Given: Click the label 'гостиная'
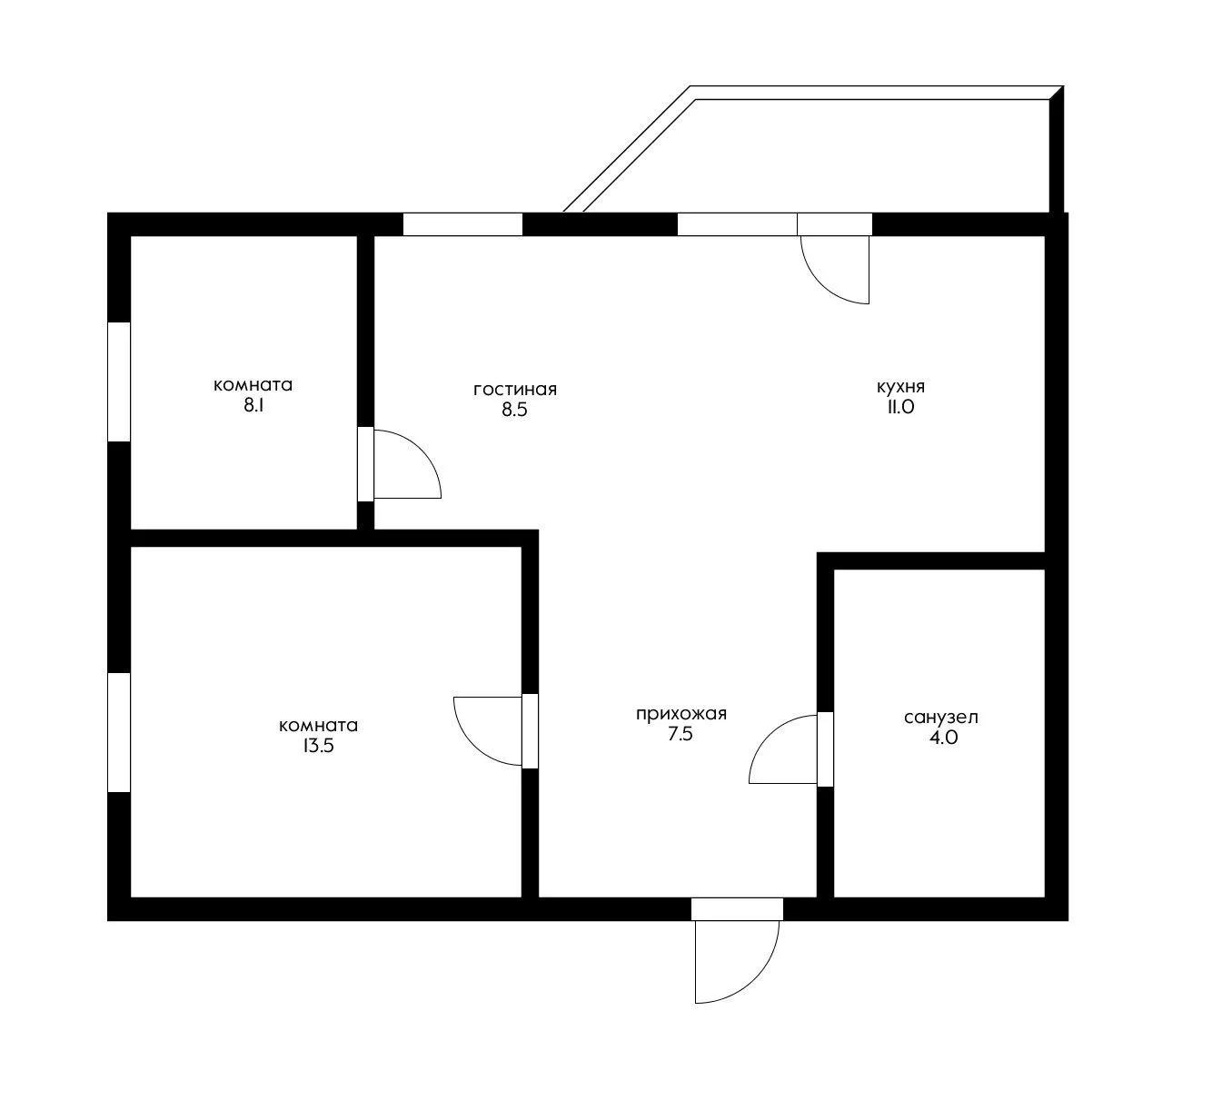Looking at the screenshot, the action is (515, 390).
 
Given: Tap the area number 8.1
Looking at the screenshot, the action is (253, 405).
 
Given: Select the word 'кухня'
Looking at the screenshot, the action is (900, 387).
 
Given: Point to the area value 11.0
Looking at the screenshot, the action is (900, 407).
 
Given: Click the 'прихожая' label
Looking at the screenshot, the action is (681, 715).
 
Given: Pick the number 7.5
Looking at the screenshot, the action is (681, 734).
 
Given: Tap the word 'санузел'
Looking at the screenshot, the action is (940, 718).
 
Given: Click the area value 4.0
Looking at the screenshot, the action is (943, 738).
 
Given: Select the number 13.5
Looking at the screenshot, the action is (318, 746).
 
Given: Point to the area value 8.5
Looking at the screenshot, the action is (514, 410).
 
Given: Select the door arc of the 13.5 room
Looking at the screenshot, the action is (473, 745).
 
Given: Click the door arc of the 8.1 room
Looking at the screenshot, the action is (422, 451).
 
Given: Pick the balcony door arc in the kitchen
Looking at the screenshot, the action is (821, 284).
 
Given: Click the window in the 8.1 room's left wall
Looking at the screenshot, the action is (119, 382).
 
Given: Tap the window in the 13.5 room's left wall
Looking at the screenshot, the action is (119, 732).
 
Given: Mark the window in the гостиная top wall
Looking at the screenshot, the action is (462, 224).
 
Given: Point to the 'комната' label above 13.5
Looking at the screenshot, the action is (318, 726).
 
